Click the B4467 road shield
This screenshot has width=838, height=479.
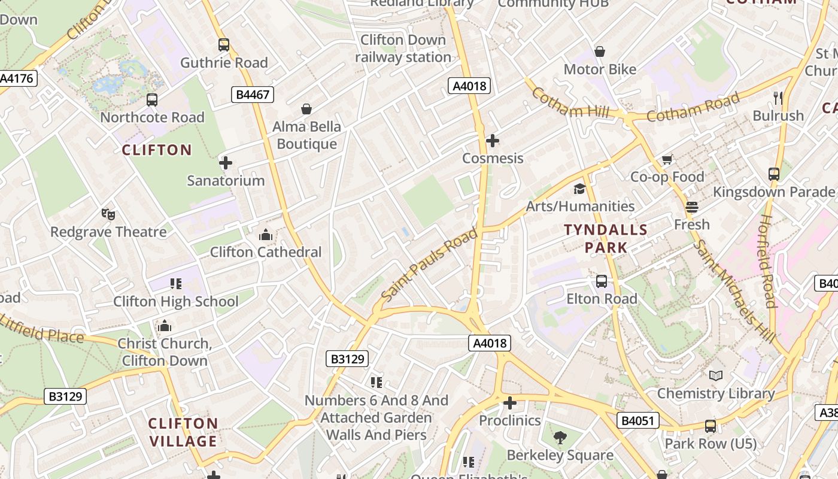[253, 94]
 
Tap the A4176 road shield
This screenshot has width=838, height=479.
[17, 78]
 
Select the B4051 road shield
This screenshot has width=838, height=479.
[638, 420]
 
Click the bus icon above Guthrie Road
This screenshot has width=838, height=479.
[224, 45]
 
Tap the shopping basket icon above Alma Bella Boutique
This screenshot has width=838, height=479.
[306, 109]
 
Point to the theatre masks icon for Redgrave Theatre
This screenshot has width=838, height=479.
[108, 214]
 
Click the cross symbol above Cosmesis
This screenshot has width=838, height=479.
[493, 141]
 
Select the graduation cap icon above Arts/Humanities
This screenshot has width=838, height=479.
[579, 189]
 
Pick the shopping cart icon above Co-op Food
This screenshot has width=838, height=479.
[667, 159]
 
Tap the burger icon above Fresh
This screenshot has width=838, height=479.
[692, 207]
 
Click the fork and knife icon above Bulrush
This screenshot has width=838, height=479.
[778, 98]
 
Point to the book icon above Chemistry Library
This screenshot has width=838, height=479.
[716, 376]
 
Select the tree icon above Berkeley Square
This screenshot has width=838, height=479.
[560, 438]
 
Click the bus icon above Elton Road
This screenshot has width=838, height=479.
[602, 281]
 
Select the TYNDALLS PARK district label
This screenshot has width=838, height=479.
[606, 238]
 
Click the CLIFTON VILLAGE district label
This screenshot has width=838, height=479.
[183, 432]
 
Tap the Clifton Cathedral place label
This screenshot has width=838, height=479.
[266, 252]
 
